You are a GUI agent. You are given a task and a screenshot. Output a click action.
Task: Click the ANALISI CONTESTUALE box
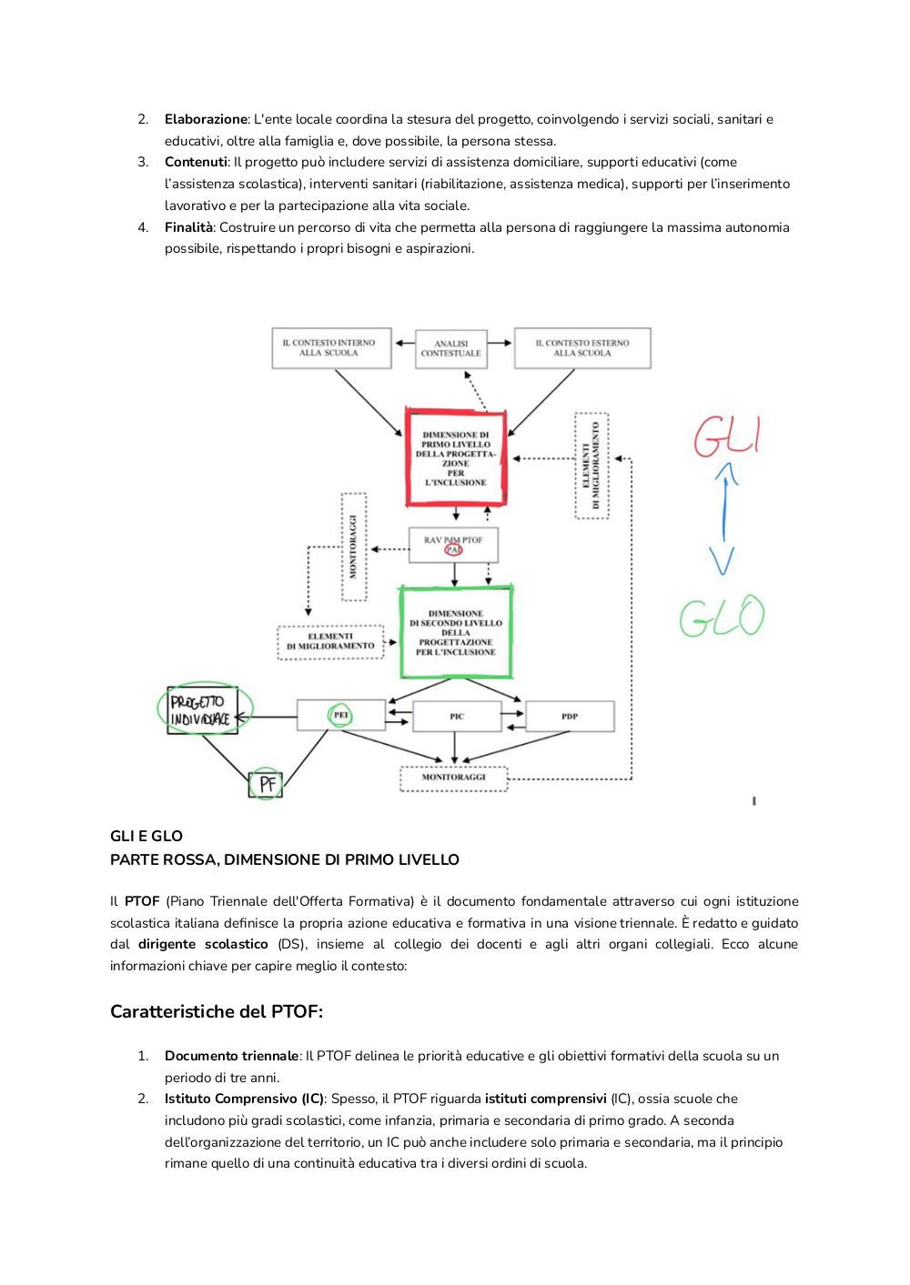point(450,349)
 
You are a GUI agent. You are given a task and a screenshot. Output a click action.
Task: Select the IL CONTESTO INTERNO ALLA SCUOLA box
point(331,347)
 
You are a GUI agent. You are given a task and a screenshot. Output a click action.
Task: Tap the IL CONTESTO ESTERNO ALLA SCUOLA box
point(582,347)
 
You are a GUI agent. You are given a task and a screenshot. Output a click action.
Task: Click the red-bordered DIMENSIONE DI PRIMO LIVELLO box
point(456,457)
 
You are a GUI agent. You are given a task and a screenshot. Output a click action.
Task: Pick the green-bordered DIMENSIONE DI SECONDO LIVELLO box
point(456,632)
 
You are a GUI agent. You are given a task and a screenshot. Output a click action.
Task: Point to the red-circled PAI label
point(453,549)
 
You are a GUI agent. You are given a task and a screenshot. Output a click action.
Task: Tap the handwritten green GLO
point(722,616)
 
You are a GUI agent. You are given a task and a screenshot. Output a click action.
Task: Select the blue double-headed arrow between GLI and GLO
point(724,518)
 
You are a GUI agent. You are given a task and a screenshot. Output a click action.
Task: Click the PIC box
point(457,716)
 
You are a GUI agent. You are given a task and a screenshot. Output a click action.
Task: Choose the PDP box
point(570,716)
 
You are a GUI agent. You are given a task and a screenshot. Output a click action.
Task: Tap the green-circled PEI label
point(340,716)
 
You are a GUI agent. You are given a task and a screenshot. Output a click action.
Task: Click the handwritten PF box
point(265,784)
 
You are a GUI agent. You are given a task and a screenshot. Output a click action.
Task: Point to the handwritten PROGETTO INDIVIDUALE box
point(202,710)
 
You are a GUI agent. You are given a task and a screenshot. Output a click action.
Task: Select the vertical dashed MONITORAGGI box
point(354,547)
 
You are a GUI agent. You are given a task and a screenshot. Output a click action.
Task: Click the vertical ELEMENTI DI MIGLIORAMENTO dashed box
point(591,466)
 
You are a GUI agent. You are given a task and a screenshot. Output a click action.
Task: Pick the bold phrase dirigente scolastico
point(203,944)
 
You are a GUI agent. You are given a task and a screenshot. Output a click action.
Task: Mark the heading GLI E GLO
point(147,836)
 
